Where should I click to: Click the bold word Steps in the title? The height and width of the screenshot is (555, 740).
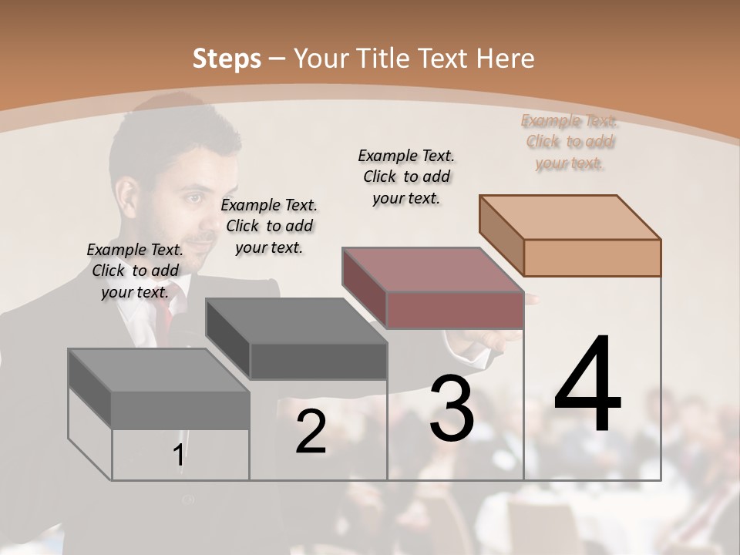pyautogui.click(x=227, y=59)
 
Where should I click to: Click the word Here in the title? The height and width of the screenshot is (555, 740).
pyautogui.click(x=506, y=59)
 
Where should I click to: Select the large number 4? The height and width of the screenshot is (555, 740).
pyautogui.click(x=587, y=385)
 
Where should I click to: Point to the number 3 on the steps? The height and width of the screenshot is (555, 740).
pyautogui.click(x=452, y=409)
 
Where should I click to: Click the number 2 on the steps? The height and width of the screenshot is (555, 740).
pyautogui.click(x=311, y=432)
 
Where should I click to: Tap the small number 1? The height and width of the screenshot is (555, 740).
pyautogui.click(x=178, y=456)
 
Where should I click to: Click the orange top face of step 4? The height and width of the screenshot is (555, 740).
pyautogui.click(x=570, y=217)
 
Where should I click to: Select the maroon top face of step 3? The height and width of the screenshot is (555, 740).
pyautogui.click(x=432, y=269)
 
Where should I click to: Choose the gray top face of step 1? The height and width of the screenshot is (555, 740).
pyautogui.click(x=159, y=370)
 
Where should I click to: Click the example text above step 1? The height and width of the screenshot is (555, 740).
pyautogui.click(x=135, y=271)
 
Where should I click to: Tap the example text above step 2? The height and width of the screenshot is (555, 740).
pyautogui.click(x=269, y=226)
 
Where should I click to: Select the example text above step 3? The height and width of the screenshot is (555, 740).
pyautogui.click(x=406, y=177)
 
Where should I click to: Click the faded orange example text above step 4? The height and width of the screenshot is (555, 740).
pyautogui.click(x=570, y=142)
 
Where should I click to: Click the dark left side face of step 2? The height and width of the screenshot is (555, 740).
pyautogui.click(x=228, y=339)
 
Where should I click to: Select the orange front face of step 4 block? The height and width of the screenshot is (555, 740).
pyautogui.click(x=592, y=257)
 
